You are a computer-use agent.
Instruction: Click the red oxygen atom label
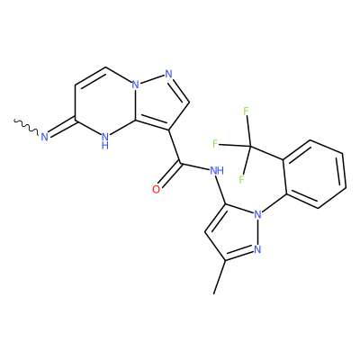pos(156,190)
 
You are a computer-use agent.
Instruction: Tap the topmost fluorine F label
pos(246,112)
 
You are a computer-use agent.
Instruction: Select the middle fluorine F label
pos(215,144)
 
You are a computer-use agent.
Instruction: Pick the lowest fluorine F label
pos(241,179)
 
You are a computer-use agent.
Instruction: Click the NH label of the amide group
pos(217,171)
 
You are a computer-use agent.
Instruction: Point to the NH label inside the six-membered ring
pos(105,140)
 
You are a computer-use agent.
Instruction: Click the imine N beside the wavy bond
pos(45,137)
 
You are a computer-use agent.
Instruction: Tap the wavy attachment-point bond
pos(26,127)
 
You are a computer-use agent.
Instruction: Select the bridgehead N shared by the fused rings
pos(136,85)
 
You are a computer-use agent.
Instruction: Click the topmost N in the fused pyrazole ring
pos(168,74)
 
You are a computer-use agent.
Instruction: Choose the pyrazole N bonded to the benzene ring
pos(257,214)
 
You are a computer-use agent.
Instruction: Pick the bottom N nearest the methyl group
pos(257,248)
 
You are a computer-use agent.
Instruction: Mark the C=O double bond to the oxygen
pos(170,176)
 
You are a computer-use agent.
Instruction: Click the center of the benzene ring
pos(314,174)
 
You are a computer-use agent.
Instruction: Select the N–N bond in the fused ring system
pos(152,79)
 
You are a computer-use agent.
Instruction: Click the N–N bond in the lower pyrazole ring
pos(257,231)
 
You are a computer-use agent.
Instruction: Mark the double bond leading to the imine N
pos(62,130)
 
